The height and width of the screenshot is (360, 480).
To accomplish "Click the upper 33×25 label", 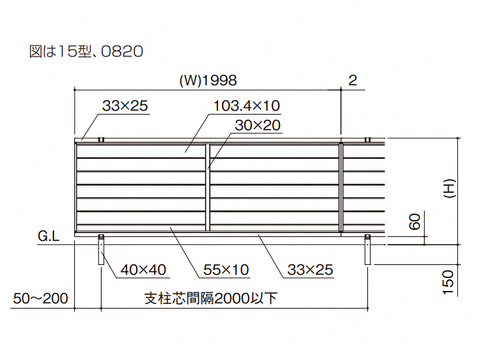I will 125,105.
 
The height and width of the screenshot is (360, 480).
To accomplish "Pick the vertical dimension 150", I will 448,284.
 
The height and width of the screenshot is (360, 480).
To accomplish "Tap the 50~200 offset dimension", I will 40,299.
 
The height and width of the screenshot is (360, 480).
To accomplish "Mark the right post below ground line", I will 367,250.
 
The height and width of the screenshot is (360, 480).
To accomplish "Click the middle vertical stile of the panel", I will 208,187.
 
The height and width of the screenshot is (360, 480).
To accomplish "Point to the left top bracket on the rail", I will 101,139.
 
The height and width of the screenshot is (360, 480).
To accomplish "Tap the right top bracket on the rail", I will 367,139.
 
